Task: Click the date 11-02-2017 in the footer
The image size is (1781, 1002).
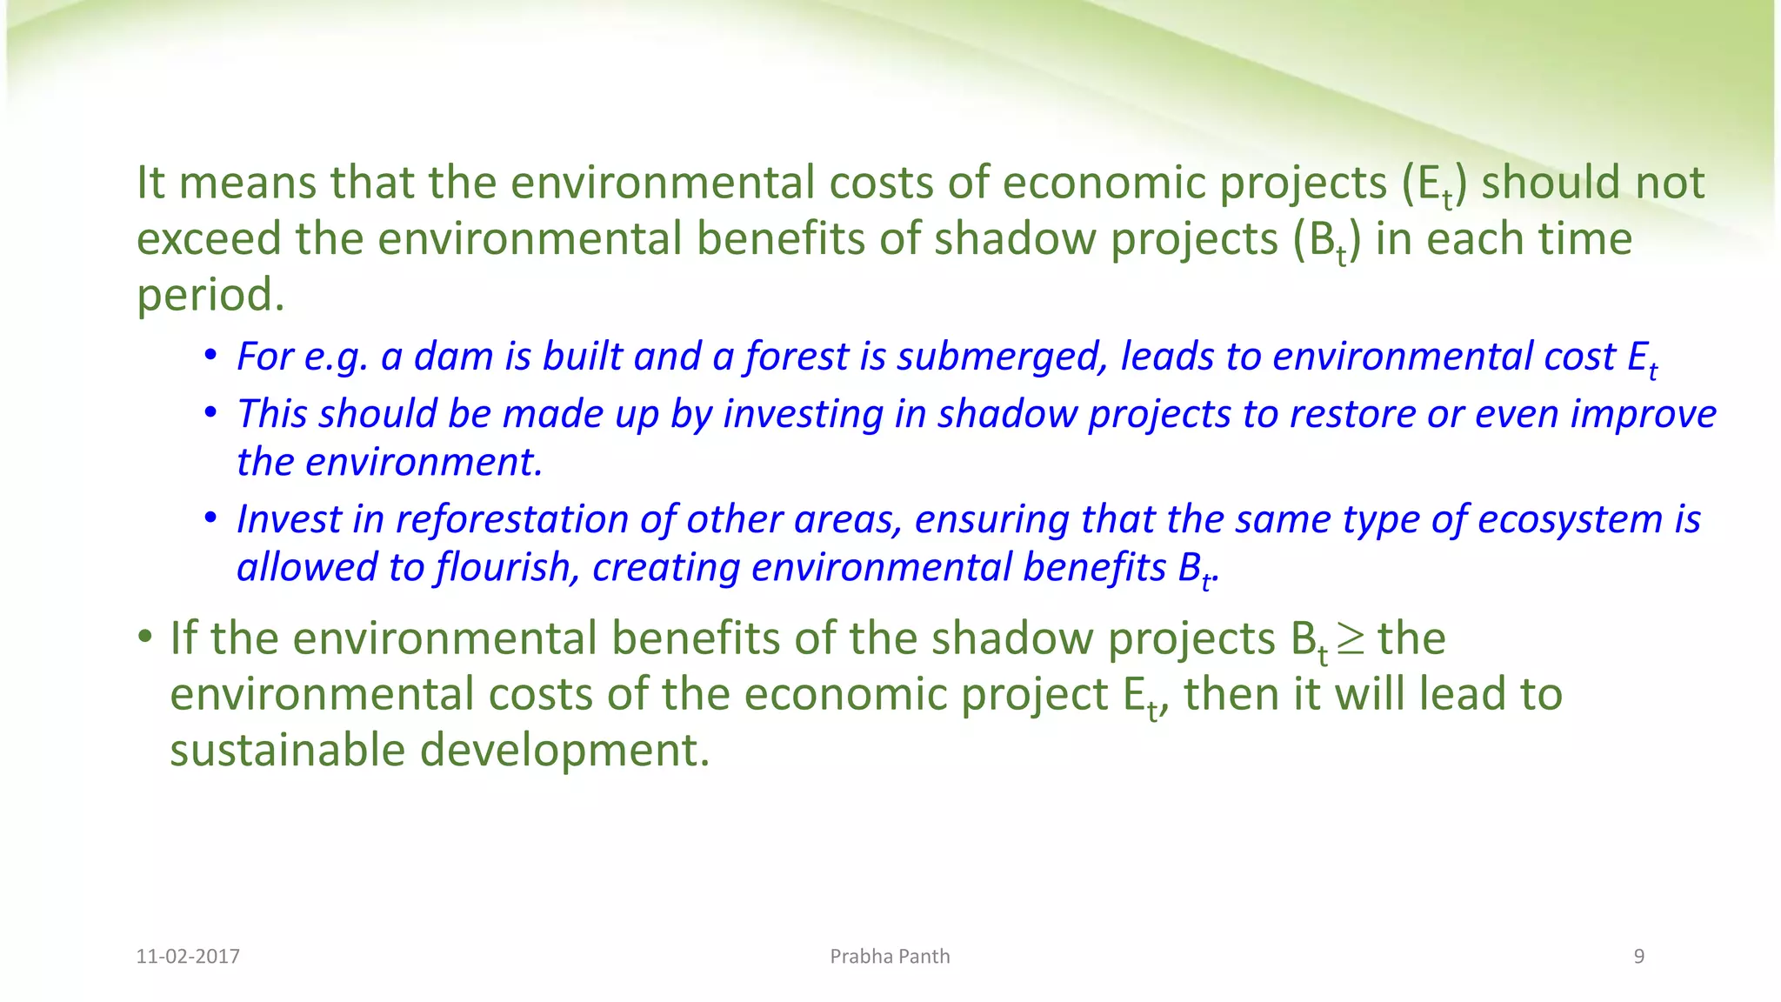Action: (x=188, y=957)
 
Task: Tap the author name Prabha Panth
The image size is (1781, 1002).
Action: (x=890, y=957)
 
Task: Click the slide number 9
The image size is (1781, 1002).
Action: (x=1639, y=957)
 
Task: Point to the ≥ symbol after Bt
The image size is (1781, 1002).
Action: (x=1351, y=639)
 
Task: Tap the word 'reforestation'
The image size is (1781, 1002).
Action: (x=512, y=519)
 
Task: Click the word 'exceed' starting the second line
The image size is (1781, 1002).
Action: (x=209, y=238)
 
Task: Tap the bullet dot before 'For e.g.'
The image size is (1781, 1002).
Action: (x=210, y=356)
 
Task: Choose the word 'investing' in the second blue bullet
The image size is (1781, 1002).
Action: (x=804, y=414)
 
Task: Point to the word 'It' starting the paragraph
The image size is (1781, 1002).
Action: (x=150, y=183)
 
